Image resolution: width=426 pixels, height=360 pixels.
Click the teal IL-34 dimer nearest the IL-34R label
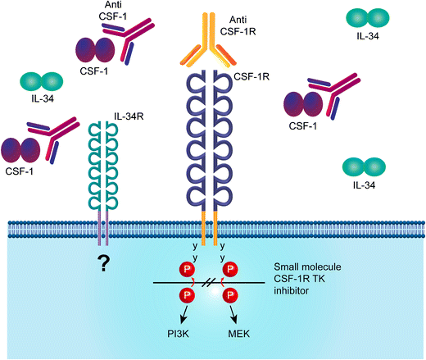pos(43,81)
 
